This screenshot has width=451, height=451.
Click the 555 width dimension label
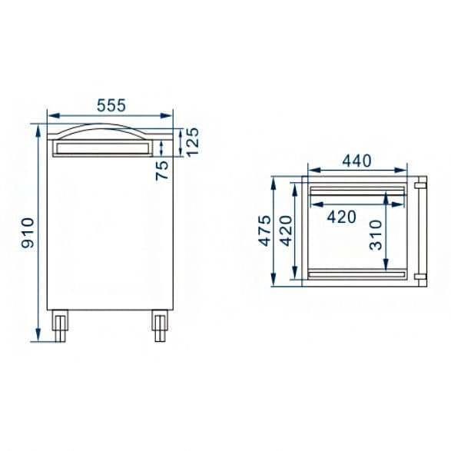pos(111,105)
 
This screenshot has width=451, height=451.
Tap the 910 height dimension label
pos(28,233)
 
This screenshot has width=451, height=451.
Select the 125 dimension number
pos(192,142)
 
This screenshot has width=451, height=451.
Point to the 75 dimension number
pos(162,171)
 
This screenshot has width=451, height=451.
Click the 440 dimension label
pos(356,161)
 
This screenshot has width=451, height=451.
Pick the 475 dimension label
pos(264,230)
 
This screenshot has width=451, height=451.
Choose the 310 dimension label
pos(376,235)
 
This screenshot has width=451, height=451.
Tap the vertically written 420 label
pos(286,231)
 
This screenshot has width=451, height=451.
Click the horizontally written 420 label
pos(342,217)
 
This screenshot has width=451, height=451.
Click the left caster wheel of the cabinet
pos(60,326)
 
